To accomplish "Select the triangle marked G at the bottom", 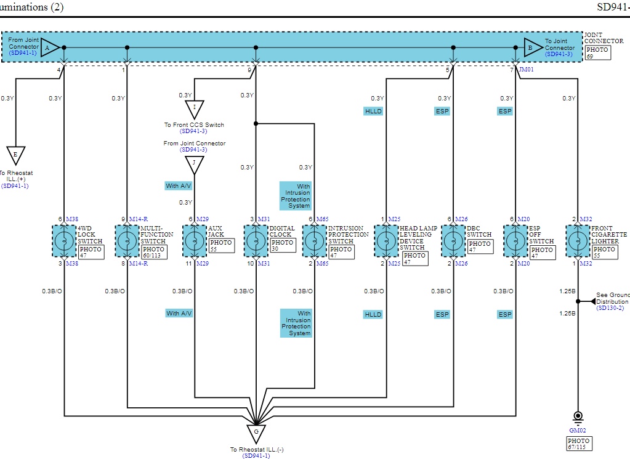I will point(256,433).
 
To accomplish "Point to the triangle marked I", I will point(195,109).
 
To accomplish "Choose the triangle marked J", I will point(195,165).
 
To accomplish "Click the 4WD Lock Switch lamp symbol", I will point(64,240).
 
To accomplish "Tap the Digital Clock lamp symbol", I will point(256,240).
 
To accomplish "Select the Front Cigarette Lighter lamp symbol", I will point(578,240).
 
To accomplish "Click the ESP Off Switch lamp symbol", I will point(515,240).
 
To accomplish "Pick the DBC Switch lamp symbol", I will point(453,240).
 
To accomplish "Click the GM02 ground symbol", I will point(578,417).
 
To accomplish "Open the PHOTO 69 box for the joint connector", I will point(597,53).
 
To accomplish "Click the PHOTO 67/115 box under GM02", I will point(579,444).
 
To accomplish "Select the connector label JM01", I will point(527,70).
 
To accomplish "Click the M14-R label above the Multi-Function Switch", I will point(137,219).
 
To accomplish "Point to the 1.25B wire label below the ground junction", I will point(567,314).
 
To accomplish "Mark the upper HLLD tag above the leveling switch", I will point(373,112).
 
